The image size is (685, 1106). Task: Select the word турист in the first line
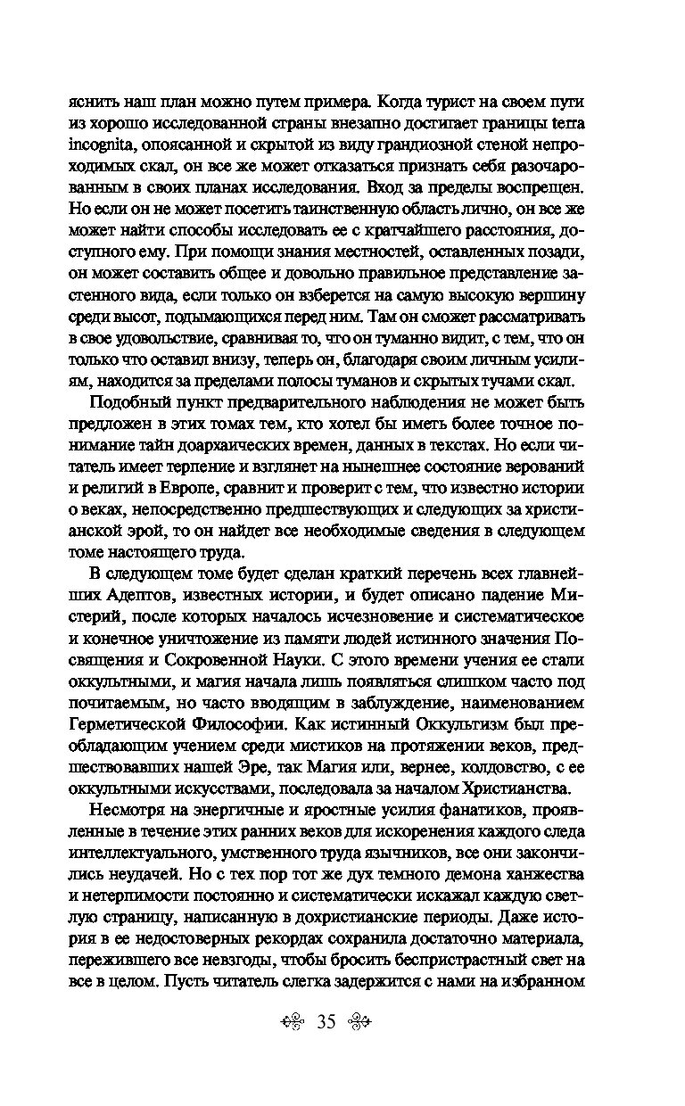[458, 99]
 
